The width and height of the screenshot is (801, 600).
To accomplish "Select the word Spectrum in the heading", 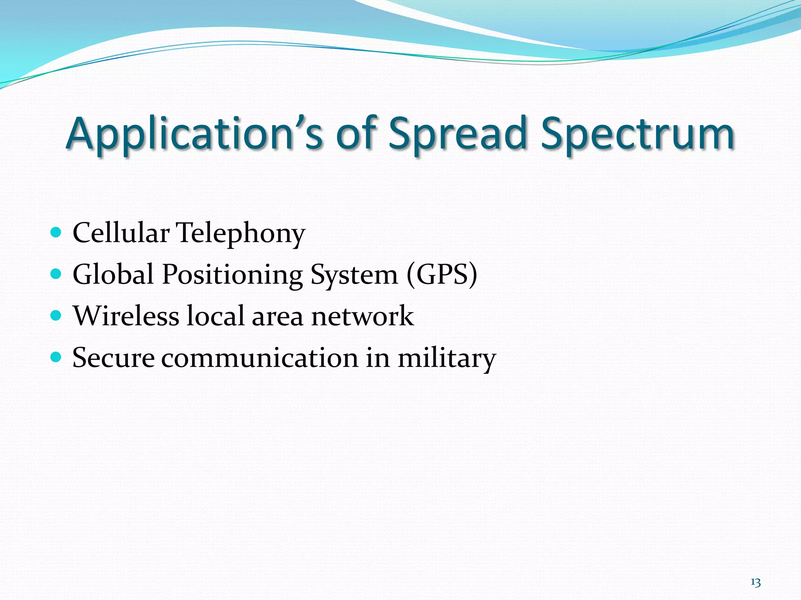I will [x=638, y=134].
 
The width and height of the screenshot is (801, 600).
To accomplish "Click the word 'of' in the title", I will [x=357, y=134].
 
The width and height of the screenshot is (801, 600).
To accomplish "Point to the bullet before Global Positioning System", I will [x=56, y=274].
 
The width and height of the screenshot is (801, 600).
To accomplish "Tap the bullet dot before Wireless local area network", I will [x=56, y=316].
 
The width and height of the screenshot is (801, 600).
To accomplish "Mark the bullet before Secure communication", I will [x=56, y=357].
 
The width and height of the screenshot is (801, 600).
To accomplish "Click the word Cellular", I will [x=121, y=233].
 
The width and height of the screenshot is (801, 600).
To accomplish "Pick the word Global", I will [x=113, y=274].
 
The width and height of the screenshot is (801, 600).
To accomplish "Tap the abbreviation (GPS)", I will [x=442, y=274].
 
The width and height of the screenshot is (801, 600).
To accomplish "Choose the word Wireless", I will [x=126, y=316].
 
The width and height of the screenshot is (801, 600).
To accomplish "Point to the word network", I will [x=362, y=316].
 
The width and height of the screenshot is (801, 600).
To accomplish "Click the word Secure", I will [x=113, y=357].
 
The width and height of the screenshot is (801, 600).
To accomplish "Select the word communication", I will [x=260, y=357].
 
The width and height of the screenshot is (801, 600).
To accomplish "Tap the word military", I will [x=447, y=358].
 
